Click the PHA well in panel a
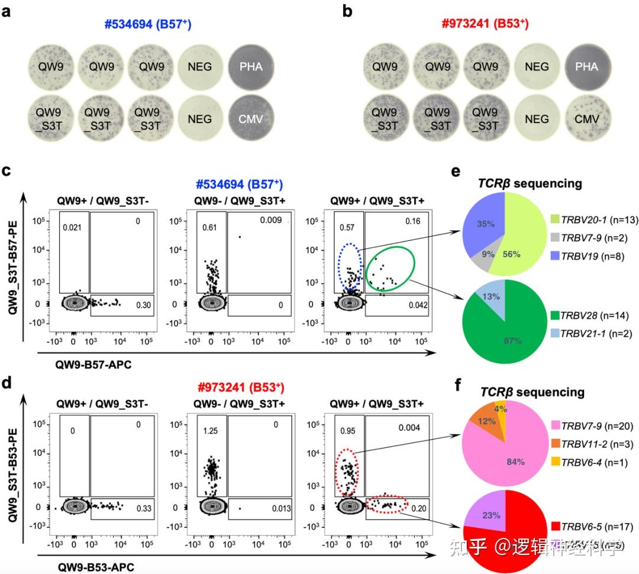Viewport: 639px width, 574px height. pyautogui.click(x=251, y=67)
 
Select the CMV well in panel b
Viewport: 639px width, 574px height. pyautogui.click(x=586, y=119)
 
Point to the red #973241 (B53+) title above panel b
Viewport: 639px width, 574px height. pyautogui.click(x=485, y=24)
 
